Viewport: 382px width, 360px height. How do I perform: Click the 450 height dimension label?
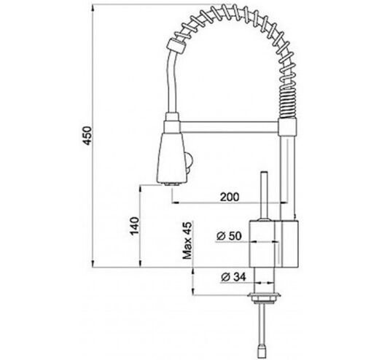tap(87, 136)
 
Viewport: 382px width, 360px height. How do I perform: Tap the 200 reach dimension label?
tap(230, 197)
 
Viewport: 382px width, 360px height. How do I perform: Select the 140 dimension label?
tap(134, 226)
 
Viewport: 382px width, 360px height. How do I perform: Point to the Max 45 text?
tap(187, 240)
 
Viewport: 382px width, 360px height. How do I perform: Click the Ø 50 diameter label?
tap(229, 236)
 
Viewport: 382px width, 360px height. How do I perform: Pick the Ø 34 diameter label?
tap(233, 277)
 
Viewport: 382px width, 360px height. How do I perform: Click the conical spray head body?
tap(172, 157)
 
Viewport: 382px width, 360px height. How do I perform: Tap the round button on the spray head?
tap(190, 162)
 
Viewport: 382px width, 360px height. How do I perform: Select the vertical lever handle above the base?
tap(265, 195)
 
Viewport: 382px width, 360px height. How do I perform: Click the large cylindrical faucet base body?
tap(274, 243)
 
